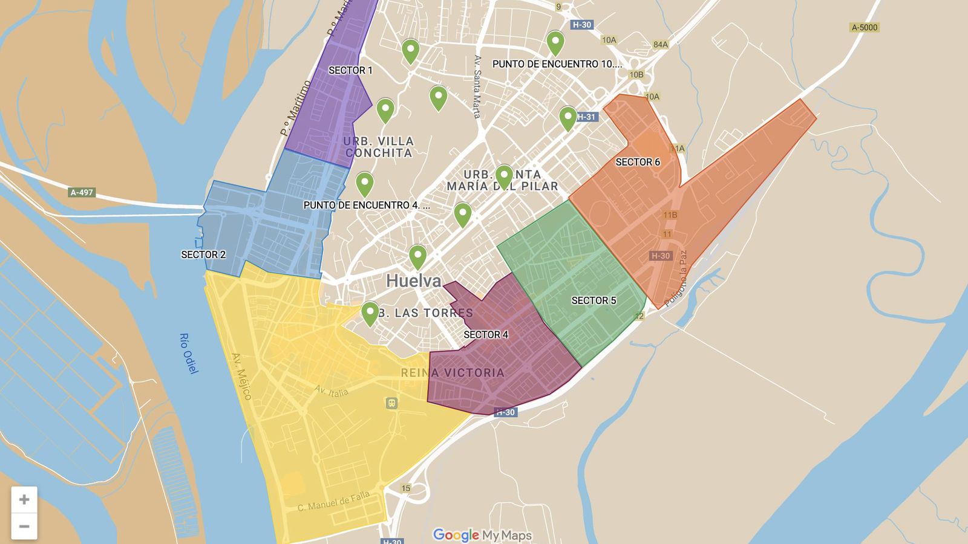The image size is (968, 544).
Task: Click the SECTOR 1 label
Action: pyautogui.click(x=350, y=70)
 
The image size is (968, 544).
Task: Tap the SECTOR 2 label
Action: pyautogui.click(x=203, y=254)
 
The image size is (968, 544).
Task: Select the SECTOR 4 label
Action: pyautogui.click(x=486, y=334)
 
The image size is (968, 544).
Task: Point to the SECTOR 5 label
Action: pyautogui.click(x=594, y=300)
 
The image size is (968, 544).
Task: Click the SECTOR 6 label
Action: pyautogui.click(x=638, y=162)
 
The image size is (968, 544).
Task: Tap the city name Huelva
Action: pyautogui.click(x=413, y=281)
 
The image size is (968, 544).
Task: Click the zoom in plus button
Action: pyautogui.click(x=24, y=499)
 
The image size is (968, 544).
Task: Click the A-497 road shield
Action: pyautogui.click(x=82, y=192)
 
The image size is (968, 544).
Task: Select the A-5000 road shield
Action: pyautogui.click(x=864, y=27)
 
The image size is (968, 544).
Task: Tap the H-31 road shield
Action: pyautogui.click(x=586, y=117)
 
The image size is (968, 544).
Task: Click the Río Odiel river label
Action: pyautogui.click(x=189, y=353)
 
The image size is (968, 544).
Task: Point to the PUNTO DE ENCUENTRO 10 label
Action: pyautogui.click(x=557, y=64)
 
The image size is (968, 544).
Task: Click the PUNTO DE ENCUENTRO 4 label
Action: pyautogui.click(x=367, y=205)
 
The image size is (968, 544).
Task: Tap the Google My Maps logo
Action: pyautogui.click(x=482, y=535)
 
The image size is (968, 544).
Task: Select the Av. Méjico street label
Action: pyautogui.click(x=241, y=376)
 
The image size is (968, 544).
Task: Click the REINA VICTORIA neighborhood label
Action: pyautogui.click(x=453, y=373)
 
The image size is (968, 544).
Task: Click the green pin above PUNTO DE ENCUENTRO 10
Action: pyautogui.click(x=555, y=43)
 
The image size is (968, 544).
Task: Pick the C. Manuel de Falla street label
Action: pyautogui.click(x=333, y=502)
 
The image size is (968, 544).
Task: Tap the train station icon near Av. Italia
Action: pyautogui.click(x=391, y=403)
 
